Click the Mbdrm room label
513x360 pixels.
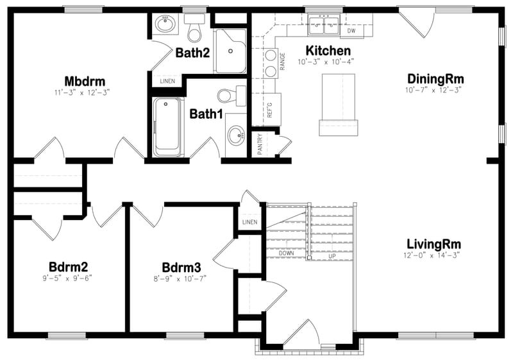85,81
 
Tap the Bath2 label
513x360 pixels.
193,53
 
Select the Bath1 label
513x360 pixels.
206,114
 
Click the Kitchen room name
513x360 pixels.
328,51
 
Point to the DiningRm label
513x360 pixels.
435,79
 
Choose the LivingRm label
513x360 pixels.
433,244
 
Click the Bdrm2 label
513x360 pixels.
68,267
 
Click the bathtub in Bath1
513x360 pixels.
168,126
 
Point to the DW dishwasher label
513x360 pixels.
351,30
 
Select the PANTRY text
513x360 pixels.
260,144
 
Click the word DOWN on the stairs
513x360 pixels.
287,253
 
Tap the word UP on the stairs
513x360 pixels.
332,256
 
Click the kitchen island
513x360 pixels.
338,103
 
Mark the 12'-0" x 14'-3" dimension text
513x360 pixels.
433,255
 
